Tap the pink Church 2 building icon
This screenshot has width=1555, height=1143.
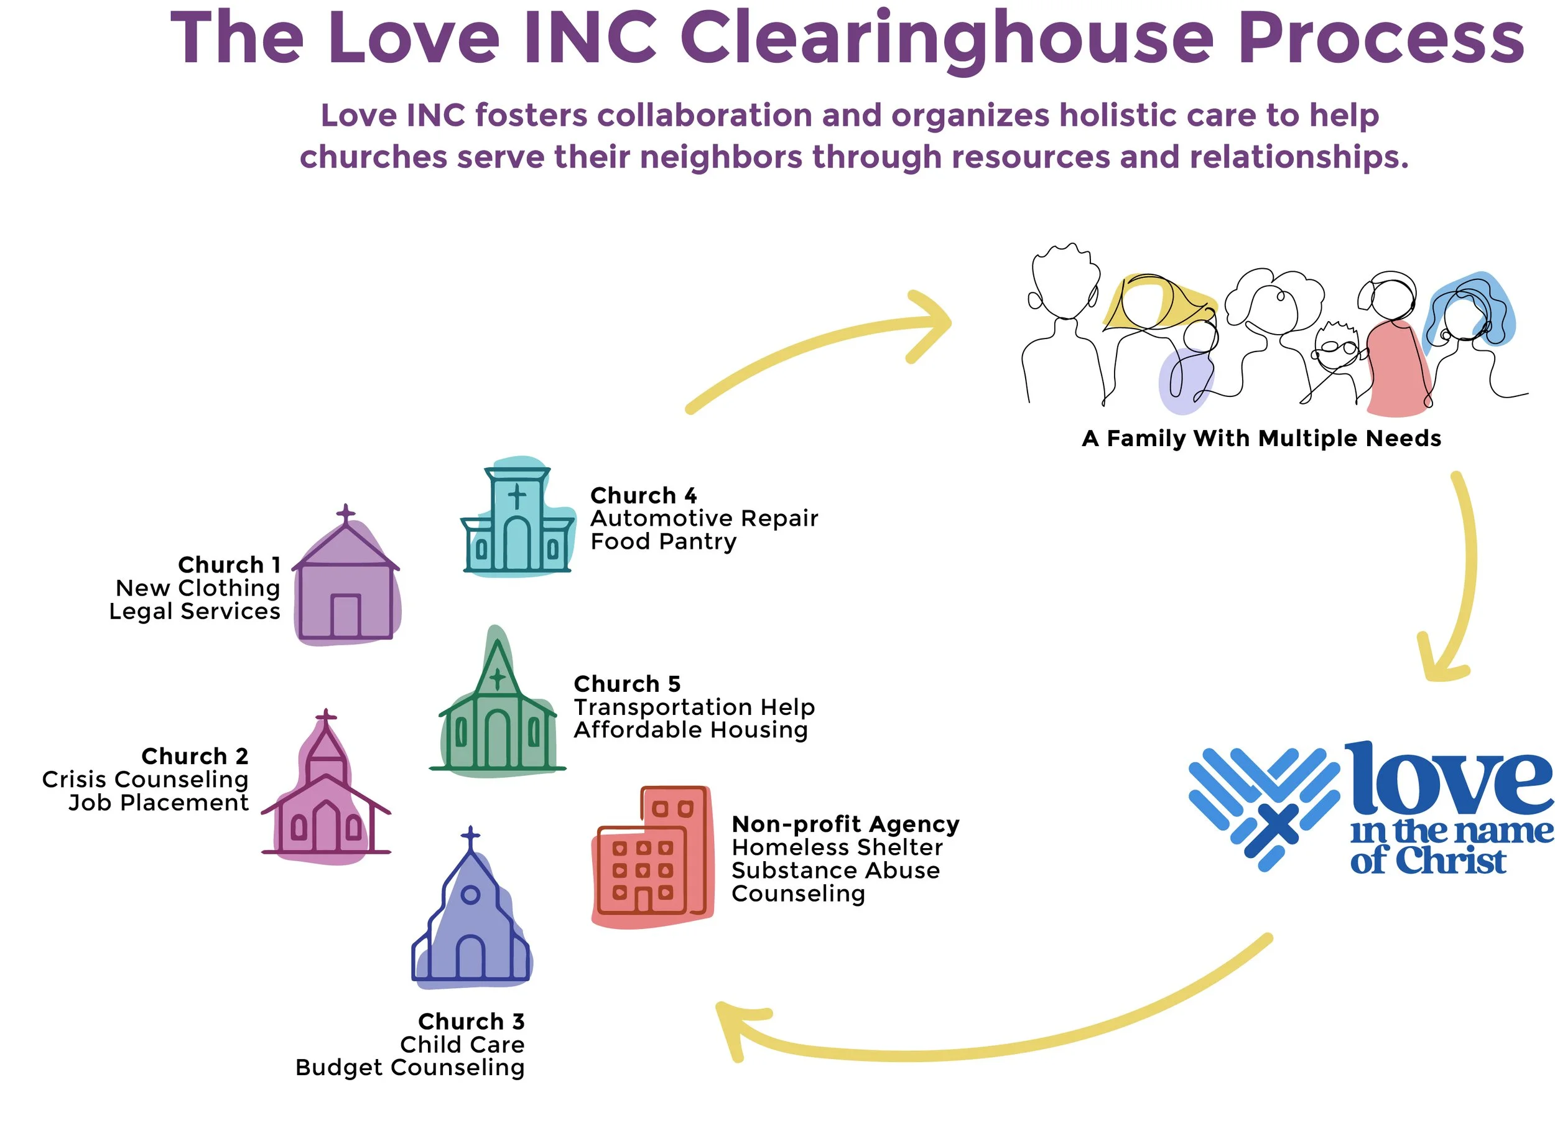coord(326,796)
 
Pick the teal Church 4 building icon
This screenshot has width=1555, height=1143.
coord(518,520)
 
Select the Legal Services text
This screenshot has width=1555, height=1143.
coord(195,612)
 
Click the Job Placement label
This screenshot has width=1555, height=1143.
coord(159,803)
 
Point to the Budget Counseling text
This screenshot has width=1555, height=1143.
coord(409,1068)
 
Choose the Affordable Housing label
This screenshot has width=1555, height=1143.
coord(690,730)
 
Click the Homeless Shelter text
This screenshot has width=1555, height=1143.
coord(837,847)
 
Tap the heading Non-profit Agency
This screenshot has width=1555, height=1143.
coord(845,824)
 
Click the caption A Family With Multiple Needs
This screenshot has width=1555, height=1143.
coord(1261,439)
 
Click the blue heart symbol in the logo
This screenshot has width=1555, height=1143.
coord(1263,806)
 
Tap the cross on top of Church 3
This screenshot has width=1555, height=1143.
coord(470,838)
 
